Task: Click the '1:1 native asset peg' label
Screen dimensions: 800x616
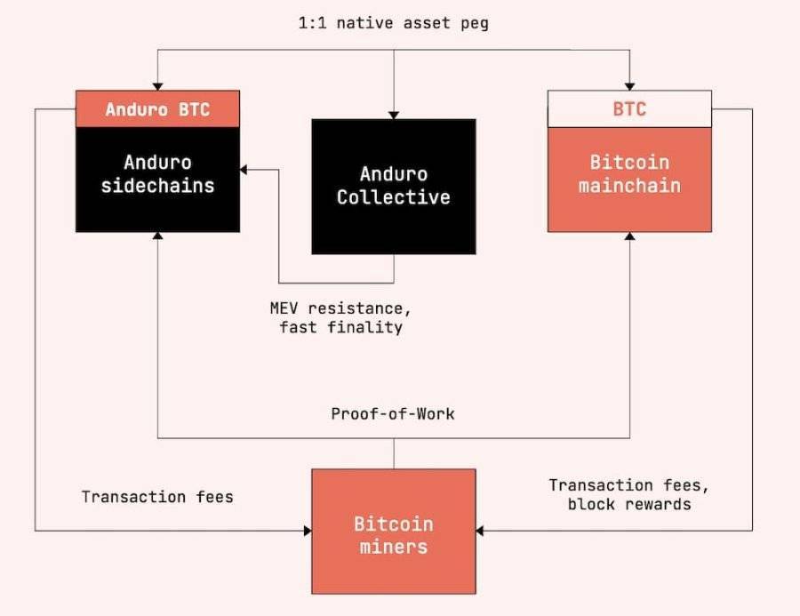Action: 394,23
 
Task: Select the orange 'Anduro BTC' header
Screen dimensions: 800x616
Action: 157,108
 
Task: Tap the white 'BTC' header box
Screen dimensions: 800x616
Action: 629,108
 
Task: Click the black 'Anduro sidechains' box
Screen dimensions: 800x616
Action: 157,180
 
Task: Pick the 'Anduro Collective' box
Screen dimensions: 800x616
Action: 394,187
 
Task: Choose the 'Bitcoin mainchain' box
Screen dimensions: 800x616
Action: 629,180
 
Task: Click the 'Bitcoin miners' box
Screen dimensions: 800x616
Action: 394,532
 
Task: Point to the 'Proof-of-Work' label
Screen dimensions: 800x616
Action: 393,413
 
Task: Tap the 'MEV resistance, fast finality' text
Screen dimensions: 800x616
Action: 340,317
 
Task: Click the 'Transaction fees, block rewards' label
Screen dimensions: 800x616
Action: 629,494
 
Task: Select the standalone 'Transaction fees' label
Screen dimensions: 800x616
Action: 157,497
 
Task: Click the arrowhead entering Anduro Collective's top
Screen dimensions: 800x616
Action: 394,115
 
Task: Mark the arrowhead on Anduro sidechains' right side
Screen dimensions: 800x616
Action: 244,170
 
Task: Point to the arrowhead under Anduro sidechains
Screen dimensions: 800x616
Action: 157,236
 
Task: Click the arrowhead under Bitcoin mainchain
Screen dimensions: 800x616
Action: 629,236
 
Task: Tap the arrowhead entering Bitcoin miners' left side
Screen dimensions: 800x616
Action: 308,531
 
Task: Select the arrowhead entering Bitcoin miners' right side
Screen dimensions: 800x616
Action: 480,531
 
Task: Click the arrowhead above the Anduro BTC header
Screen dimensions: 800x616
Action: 157,87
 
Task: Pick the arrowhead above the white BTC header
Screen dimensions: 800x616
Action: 629,87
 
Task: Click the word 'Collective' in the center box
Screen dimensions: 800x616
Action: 394,197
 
